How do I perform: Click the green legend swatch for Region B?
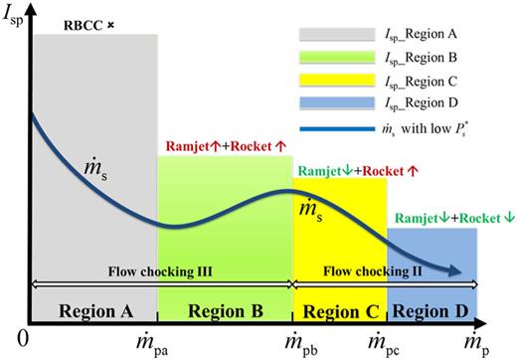323,62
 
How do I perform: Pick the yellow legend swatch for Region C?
323,86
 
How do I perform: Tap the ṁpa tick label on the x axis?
157,343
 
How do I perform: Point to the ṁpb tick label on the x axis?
290,343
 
